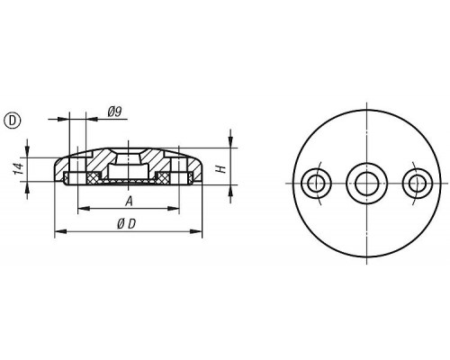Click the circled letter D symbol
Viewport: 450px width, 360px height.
pos(12,121)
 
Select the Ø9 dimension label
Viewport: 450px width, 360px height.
pos(114,112)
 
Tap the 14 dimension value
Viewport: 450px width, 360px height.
pos(18,169)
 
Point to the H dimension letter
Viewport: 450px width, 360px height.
pos(221,169)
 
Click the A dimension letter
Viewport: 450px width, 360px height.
pos(129,202)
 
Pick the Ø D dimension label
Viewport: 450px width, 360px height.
pos(127,224)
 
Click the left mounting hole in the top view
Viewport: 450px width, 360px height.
pos(316,184)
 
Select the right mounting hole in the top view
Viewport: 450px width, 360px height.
pos(418,184)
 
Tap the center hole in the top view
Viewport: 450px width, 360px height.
pos(366,184)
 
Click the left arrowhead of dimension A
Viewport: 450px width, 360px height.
pos(84,208)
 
